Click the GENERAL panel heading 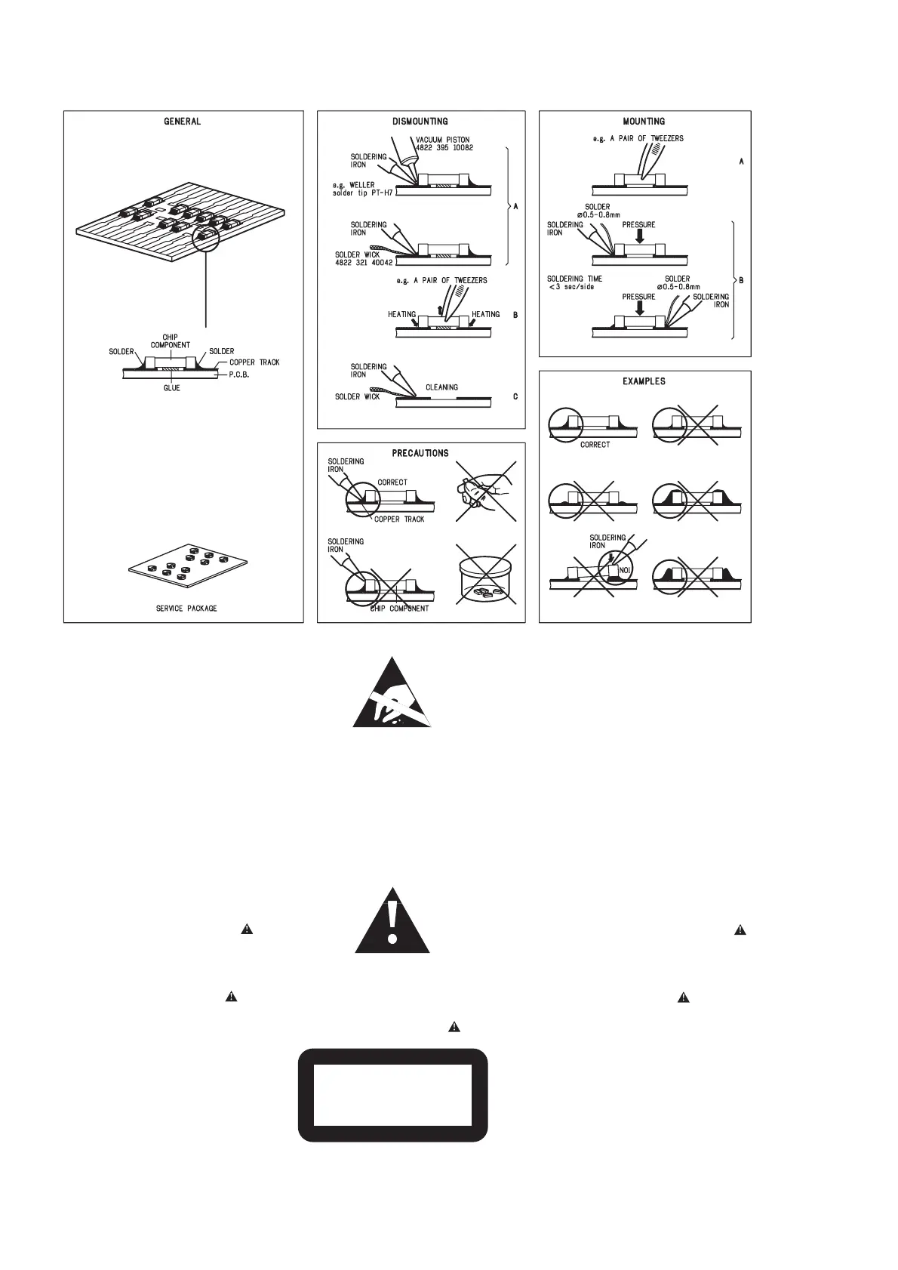[x=183, y=122]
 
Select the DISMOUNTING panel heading [x=420, y=122]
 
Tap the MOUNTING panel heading [x=644, y=122]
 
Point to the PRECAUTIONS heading [x=420, y=453]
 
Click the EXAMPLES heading [x=644, y=381]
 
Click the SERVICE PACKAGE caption [x=186, y=609]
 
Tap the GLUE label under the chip [x=172, y=388]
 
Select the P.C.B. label [x=239, y=375]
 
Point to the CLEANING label [x=441, y=387]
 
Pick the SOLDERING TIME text [x=574, y=279]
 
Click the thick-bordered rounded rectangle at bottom [x=392, y=1095]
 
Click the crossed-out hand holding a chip [x=486, y=492]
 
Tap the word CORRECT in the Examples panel [x=595, y=445]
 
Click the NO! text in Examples [x=624, y=569]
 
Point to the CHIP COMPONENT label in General [x=170, y=341]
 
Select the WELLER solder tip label [x=359, y=190]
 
